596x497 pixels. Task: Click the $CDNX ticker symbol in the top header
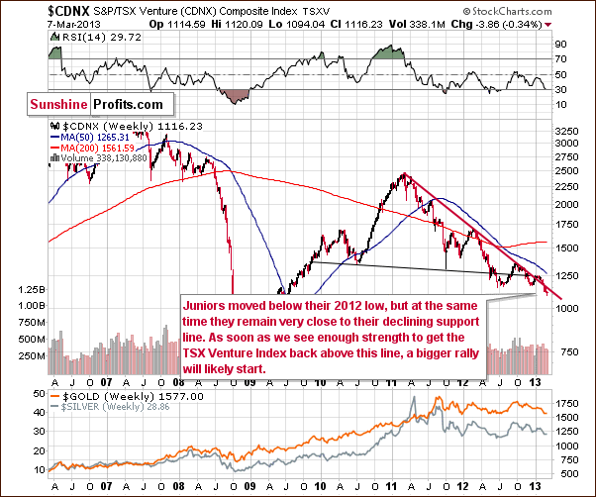[x=30, y=10]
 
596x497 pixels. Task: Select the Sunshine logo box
[x=56, y=102]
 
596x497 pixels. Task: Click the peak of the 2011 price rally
[x=405, y=175]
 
